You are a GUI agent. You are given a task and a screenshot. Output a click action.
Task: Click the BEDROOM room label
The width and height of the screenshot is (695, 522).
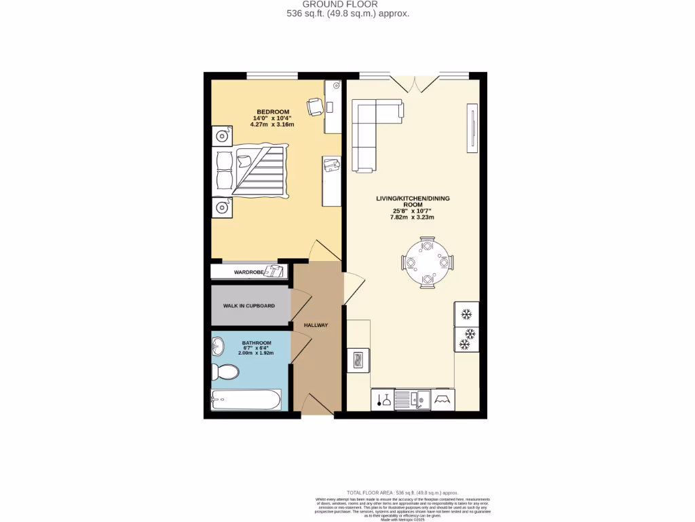[x=273, y=112]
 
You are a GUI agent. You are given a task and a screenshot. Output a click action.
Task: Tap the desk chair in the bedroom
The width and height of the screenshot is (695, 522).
[x=316, y=107]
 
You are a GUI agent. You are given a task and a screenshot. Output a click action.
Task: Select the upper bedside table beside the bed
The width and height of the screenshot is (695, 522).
[x=221, y=136]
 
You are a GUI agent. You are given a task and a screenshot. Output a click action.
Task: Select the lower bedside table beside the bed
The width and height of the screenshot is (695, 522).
[x=221, y=207]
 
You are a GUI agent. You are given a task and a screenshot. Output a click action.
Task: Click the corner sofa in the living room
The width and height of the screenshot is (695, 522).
[x=370, y=129]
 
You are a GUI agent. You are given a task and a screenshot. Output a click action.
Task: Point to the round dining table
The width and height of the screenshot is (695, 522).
[x=428, y=262]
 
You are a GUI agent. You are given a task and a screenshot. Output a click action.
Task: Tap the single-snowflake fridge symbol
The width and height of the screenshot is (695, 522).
[x=466, y=314]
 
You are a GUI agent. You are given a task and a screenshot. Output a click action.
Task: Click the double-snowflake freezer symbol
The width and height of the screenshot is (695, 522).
[x=466, y=339]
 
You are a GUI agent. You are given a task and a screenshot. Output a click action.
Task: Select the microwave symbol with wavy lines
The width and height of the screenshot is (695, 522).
[x=358, y=360]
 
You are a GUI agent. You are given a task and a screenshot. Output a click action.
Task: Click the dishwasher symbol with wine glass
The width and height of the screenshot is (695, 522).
[x=383, y=400]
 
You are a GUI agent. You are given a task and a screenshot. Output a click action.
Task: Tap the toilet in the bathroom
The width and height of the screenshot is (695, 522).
[x=225, y=372]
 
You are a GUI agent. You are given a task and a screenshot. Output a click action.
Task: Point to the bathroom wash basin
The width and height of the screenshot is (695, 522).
[x=217, y=347]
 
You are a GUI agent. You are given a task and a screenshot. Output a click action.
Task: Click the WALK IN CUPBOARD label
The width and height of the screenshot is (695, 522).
[x=249, y=306]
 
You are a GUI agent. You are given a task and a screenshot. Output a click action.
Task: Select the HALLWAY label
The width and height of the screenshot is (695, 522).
[x=316, y=325]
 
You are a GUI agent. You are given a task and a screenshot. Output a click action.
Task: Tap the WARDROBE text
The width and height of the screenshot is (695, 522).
[x=248, y=272]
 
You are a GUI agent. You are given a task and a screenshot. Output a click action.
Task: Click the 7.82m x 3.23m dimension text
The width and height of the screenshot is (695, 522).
[x=412, y=217]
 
